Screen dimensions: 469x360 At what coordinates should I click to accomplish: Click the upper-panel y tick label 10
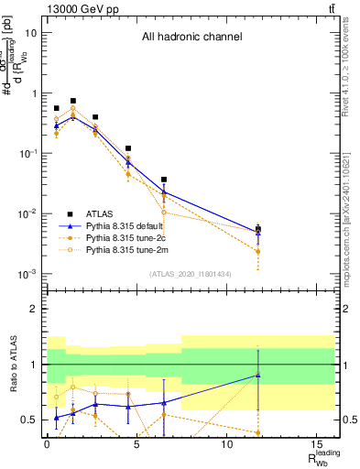click(x=29, y=33)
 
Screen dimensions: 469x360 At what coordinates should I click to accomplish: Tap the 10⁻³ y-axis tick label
click(x=27, y=274)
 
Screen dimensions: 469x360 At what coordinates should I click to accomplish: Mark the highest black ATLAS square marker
click(x=73, y=101)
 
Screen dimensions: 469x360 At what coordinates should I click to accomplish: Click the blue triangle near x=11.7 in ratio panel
click(x=258, y=375)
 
